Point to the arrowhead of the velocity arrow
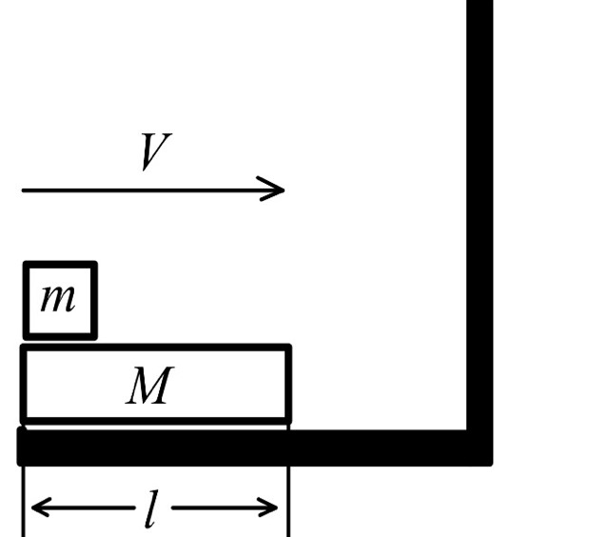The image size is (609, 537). [x=278, y=189]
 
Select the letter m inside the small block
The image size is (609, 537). [x=59, y=299]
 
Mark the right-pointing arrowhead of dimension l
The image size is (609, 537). [x=271, y=507]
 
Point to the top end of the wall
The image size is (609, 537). [x=480, y=4]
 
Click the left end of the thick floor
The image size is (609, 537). [x=21, y=447]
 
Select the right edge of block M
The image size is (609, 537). [x=288, y=385]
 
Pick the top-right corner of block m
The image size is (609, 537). [x=95, y=264]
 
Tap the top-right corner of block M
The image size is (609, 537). [x=288, y=348]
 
